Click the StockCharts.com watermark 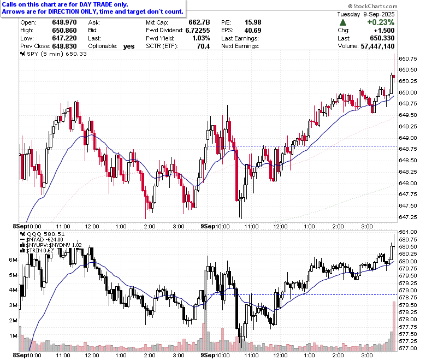click(x=372, y=6)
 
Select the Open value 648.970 click(x=64, y=22)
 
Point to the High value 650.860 click(x=64, y=30)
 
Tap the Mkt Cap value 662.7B click(x=199, y=22)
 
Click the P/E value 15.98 click(x=253, y=22)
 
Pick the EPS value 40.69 click(x=253, y=30)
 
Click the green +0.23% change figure click(x=381, y=22)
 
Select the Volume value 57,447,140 click(x=377, y=46)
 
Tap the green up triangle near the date click(x=343, y=22)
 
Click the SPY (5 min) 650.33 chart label click(x=54, y=54)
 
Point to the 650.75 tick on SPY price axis click(x=408, y=58)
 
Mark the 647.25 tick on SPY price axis click(x=408, y=217)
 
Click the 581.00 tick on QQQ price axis click(x=408, y=232)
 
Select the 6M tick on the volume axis click(x=13, y=259)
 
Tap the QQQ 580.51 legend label click(x=43, y=234)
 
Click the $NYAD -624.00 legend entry click(x=42, y=240)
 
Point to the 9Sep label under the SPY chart click(x=208, y=226)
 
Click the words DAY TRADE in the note click(x=95, y=4)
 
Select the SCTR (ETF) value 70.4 click(x=203, y=46)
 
